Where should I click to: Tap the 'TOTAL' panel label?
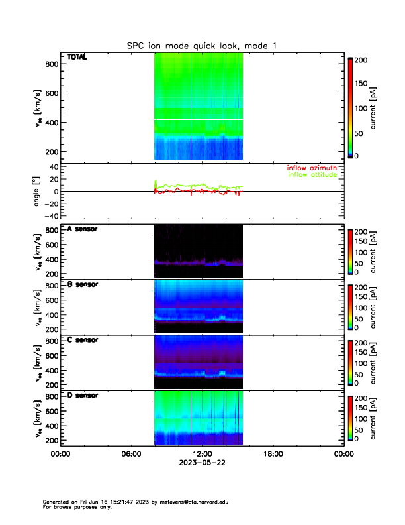click(77, 58)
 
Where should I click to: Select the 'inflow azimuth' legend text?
click(312, 168)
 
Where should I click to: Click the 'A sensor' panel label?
click(82, 229)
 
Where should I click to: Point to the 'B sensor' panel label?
click(82, 285)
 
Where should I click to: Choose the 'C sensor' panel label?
click(82, 340)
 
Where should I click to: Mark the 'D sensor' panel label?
click(82, 396)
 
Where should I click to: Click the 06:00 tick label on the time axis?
click(131, 454)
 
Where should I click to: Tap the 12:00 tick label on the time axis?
click(202, 454)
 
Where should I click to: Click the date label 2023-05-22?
click(202, 463)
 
